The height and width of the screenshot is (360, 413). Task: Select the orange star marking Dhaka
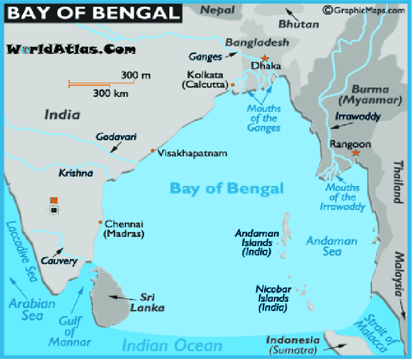pos(265,58)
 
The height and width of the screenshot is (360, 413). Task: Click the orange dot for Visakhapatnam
pos(152,151)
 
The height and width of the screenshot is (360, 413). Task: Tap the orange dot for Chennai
pos(100,222)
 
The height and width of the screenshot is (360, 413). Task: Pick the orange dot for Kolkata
pos(233,85)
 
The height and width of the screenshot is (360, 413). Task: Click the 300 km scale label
pos(111,94)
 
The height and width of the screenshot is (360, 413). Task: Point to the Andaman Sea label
pos(332,246)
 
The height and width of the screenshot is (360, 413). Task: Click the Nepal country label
pos(217,10)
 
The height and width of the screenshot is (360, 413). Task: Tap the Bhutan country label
pos(299,24)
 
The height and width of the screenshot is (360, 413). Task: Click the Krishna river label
pos(76,173)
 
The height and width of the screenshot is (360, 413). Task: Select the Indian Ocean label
pos(172,346)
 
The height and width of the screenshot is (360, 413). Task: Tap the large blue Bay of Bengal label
pos(227,188)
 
